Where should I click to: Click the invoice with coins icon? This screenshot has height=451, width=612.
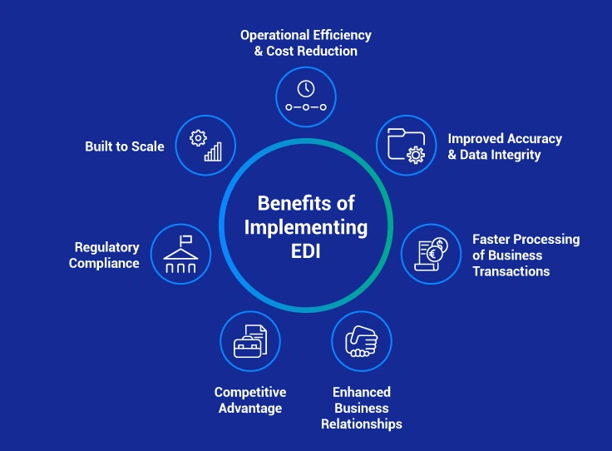click(x=432, y=253)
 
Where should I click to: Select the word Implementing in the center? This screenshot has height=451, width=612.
click(x=306, y=226)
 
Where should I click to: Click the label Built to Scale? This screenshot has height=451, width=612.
click(x=125, y=146)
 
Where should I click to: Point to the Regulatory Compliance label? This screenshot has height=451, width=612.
click(x=105, y=255)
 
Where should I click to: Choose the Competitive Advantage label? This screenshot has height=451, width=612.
click(x=250, y=400)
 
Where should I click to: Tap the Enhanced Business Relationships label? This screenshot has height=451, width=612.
click(x=362, y=408)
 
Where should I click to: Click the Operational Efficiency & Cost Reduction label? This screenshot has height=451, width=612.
click(x=306, y=43)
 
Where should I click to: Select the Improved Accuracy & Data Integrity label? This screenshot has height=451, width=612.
click(x=505, y=146)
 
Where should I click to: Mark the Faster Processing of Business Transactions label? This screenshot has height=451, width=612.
click(x=526, y=255)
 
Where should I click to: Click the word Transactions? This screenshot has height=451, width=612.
click(x=511, y=271)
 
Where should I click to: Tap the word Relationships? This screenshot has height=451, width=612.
click(x=362, y=424)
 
